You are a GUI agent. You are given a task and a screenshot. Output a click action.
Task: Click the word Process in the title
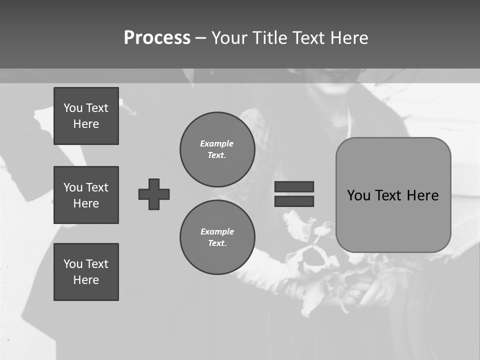(157, 38)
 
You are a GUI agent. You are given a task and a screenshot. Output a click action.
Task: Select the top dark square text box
(86, 116)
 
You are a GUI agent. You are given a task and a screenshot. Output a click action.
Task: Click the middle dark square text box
(86, 195)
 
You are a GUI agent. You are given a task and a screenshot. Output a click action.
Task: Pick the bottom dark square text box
(86, 272)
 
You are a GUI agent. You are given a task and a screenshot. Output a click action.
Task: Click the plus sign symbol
(154, 194)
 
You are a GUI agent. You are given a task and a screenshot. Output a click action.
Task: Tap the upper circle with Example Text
(217, 149)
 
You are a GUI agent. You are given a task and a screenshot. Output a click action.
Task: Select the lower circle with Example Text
(217, 237)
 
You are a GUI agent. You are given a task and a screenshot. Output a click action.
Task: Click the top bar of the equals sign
(294, 186)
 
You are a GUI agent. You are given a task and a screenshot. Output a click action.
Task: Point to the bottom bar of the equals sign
(294, 201)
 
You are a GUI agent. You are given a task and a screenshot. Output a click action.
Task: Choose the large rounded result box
(393, 195)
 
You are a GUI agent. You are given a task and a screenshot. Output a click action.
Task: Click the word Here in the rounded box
(422, 195)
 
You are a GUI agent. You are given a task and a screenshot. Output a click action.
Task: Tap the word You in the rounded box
(358, 195)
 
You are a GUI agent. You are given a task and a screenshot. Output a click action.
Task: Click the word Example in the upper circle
(216, 143)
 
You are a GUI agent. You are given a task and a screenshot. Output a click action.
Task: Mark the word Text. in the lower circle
(217, 243)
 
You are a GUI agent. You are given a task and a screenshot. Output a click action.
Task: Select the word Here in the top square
(86, 124)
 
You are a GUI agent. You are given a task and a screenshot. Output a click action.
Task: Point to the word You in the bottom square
(73, 264)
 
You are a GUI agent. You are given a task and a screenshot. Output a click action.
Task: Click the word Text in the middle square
(96, 187)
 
